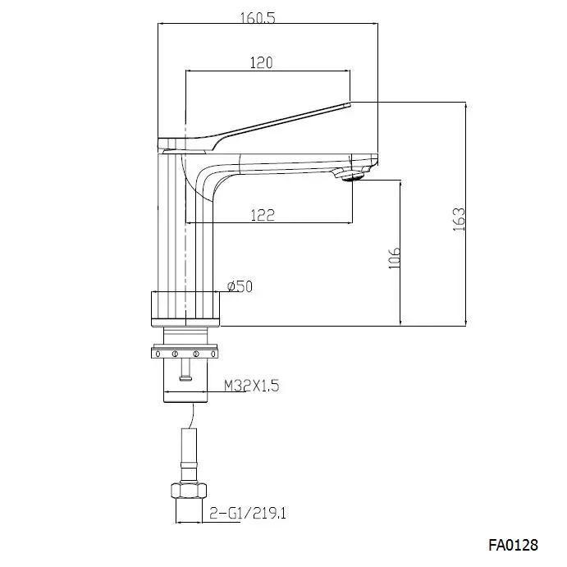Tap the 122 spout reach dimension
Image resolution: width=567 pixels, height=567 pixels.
coord(261,214)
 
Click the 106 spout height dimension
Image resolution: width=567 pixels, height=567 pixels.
coord(395,256)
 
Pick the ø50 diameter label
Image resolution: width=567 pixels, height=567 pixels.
coord(239,286)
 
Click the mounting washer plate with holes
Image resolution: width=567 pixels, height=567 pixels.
coord(186,354)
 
